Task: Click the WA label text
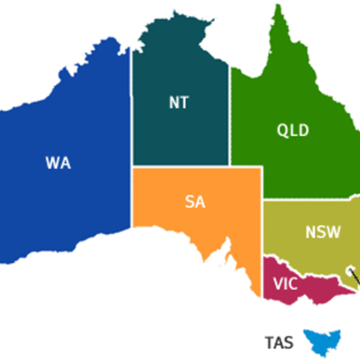[x=58, y=163]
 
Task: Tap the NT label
[x=178, y=102]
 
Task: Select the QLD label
[x=292, y=130]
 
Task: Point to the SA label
[x=195, y=202]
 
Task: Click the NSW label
[x=322, y=231]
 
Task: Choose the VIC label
[x=283, y=283]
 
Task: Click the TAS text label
[x=279, y=342]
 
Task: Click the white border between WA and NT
[x=132, y=108]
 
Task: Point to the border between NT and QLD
[x=230, y=117]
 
